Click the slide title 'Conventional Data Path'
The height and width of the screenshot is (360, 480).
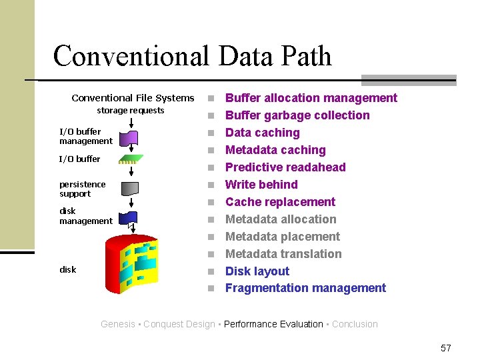coord(192,56)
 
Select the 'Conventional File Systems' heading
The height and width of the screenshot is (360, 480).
coord(133,98)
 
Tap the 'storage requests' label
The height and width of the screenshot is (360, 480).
coord(130,111)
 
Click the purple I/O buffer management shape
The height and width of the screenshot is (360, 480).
coord(131,138)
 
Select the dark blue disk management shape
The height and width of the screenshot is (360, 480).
coord(131,217)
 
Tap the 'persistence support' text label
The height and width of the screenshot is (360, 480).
coord(82,189)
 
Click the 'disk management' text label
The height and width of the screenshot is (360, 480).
coord(85,216)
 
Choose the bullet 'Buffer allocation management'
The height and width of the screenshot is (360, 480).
coord(311,98)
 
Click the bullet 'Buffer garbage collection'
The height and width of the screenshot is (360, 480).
coord(297,115)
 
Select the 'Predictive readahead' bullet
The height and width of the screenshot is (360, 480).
coord(285,167)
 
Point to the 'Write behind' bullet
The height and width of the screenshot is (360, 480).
coord(261,185)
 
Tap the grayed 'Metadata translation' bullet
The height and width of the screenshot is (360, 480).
coord(283,254)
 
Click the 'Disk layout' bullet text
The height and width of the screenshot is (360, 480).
coord(257,271)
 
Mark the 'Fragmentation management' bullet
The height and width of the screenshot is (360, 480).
coord(305,288)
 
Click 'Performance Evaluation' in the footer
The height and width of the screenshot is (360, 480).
coord(273,325)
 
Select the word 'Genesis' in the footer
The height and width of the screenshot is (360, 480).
coord(118,325)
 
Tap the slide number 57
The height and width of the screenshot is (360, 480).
coord(446,348)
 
